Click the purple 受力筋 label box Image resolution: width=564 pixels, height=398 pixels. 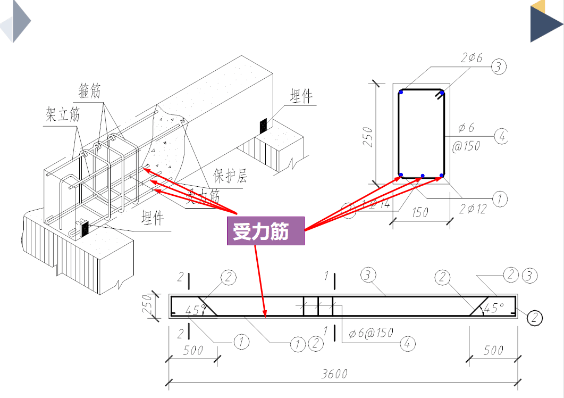265,230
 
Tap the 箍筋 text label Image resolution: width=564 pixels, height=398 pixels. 89,92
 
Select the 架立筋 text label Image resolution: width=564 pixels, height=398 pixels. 62,115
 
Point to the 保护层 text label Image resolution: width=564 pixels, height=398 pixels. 230,176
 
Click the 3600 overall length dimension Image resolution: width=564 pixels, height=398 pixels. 334,374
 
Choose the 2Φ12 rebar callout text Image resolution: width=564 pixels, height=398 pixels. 472,209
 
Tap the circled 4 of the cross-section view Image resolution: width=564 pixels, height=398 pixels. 501,136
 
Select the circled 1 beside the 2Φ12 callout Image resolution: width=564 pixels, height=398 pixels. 499,200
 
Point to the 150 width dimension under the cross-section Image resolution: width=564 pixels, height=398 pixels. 420,212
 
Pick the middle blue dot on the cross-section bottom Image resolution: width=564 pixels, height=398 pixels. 422,175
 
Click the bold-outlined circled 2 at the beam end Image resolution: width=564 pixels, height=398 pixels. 535,318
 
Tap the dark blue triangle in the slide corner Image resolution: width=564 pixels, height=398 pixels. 546,24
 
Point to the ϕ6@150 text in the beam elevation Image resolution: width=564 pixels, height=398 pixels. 371,333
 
